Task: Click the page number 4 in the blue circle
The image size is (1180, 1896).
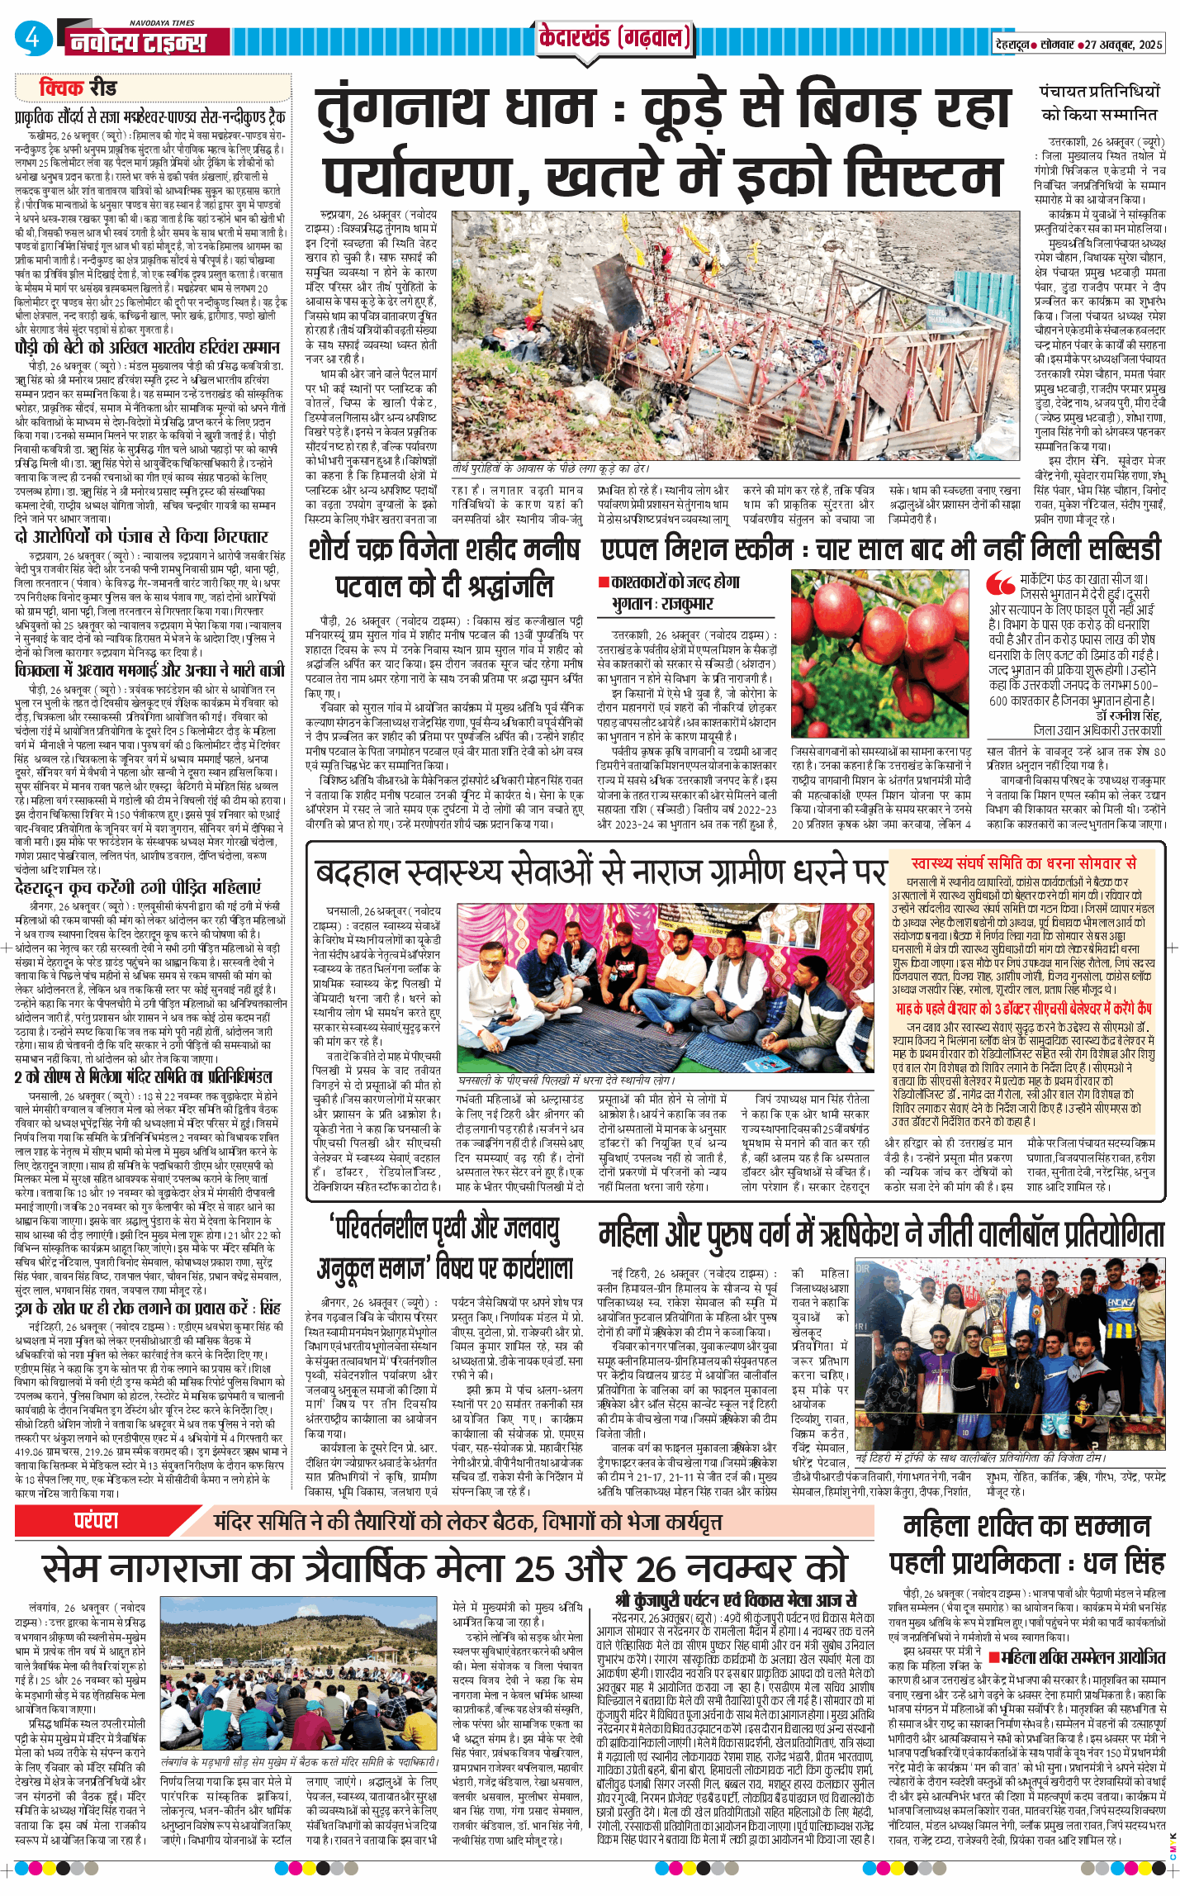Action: (32, 37)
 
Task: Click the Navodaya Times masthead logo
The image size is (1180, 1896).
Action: (137, 40)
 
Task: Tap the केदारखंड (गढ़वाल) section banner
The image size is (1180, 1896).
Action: (614, 38)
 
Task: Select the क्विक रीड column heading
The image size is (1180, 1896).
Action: (78, 88)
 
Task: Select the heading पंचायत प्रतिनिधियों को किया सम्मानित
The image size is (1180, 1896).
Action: (1099, 102)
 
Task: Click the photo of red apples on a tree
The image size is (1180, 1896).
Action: (880, 653)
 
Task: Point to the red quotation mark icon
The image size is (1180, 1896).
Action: (1001, 583)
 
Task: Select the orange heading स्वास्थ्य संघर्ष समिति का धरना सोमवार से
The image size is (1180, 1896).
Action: (1023, 863)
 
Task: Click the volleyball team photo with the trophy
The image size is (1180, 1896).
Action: (1010, 1356)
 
